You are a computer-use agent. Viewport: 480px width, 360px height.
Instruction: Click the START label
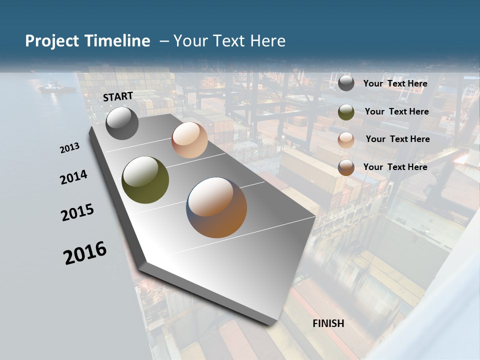118,96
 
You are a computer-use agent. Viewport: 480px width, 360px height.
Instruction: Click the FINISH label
328,323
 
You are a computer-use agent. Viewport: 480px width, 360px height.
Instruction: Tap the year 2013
69,147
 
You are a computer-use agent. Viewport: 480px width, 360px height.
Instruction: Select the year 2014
73,177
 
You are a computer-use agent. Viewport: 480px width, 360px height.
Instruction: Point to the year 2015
77,212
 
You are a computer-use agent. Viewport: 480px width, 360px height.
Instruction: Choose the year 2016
85,252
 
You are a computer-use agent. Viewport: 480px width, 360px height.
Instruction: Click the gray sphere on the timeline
122,123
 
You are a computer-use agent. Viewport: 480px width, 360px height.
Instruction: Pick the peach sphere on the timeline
189,140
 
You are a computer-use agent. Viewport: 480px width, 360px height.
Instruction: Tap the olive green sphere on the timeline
145,180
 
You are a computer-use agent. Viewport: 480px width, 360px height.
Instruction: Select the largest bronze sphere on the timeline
216,207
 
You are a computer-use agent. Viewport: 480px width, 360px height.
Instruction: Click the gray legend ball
346,83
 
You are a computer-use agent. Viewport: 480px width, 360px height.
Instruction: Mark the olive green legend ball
346,112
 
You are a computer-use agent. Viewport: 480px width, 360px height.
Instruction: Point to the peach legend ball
346,140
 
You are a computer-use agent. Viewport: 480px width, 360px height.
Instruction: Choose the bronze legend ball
346,167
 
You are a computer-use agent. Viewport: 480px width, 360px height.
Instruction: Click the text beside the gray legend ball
395,83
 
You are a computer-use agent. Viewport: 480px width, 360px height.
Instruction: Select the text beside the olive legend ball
396,111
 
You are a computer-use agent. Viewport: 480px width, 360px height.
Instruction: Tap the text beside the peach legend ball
397,139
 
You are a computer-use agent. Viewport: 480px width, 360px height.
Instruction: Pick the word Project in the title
52,41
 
